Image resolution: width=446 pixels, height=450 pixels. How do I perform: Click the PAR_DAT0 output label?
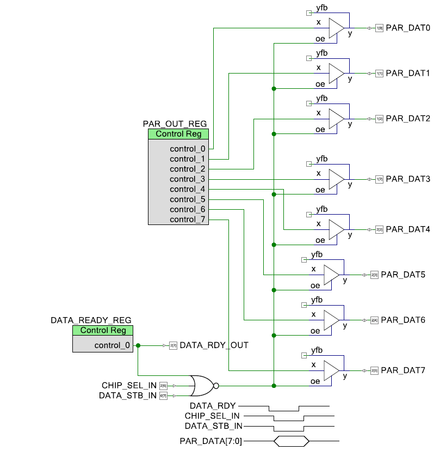point(408,28)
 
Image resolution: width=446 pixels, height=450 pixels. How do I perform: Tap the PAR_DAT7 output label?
point(403,370)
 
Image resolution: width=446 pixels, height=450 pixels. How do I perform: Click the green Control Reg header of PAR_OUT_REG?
point(178,134)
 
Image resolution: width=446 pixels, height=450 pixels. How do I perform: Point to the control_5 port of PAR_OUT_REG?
point(187,199)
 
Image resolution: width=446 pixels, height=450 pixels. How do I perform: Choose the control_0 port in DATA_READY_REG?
point(112,345)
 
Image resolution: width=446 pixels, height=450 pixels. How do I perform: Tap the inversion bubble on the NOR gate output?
point(216,386)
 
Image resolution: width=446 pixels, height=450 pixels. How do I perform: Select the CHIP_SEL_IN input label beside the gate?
point(129,385)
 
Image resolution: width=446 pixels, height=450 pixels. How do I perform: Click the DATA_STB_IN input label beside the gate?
point(129,396)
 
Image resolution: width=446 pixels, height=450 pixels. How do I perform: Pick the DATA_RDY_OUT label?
point(214,345)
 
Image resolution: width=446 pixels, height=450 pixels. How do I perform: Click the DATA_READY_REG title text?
point(91,320)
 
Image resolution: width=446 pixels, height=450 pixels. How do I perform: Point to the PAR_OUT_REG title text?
point(175,124)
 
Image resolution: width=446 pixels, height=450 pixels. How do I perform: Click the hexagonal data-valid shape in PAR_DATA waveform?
point(291,440)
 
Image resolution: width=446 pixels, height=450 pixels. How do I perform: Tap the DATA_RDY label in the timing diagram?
point(213,406)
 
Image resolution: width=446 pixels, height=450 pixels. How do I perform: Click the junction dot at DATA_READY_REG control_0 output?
point(138,345)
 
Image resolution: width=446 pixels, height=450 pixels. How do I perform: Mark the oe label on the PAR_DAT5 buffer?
point(315,285)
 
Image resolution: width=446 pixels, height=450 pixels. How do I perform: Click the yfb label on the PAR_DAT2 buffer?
point(321,98)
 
